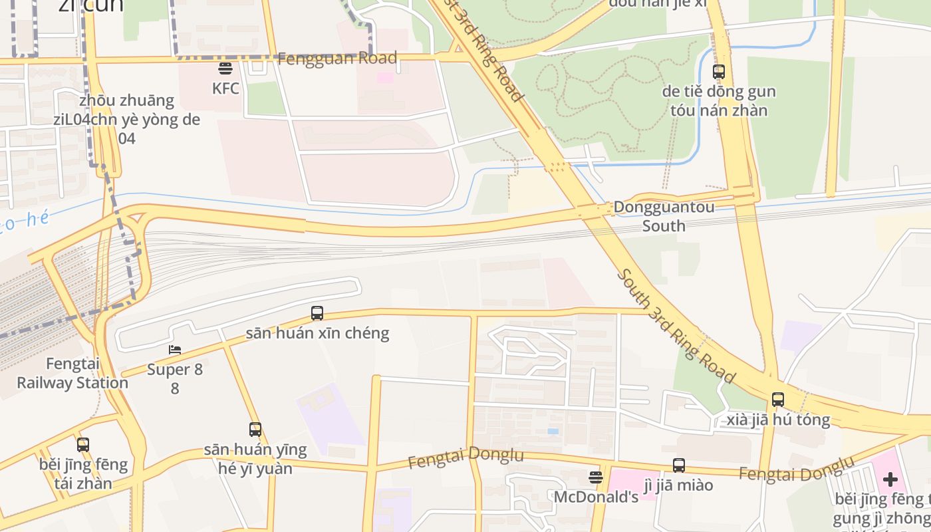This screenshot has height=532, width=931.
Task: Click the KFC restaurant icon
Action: [225, 68]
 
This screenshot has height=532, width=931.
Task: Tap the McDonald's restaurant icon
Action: [596, 477]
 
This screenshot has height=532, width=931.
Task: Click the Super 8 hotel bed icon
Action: [175, 350]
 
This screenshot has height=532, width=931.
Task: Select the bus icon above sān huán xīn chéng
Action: [317, 313]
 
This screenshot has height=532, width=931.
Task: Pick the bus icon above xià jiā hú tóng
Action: [778, 400]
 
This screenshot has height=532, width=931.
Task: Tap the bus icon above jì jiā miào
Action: [679, 465]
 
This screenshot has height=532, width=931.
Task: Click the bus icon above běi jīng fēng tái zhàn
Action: [83, 444]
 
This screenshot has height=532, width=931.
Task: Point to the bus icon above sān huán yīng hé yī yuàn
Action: [255, 430]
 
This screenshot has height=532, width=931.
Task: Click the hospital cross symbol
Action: [890, 479]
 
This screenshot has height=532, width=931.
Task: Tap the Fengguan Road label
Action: [337, 59]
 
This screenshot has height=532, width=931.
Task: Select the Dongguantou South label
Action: [664, 216]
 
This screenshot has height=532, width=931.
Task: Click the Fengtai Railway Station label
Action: [72, 373]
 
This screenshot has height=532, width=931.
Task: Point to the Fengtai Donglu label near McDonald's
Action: [465, 458]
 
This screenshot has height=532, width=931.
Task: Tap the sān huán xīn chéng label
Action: [317, 332]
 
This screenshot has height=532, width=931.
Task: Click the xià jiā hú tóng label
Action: [778, 420]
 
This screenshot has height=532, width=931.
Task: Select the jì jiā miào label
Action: [678, 485]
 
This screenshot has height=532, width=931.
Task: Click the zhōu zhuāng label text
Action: [126, 101]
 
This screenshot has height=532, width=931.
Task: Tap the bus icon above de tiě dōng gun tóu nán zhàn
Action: [719, 72]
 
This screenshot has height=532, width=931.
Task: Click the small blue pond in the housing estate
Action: [553, 432]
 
